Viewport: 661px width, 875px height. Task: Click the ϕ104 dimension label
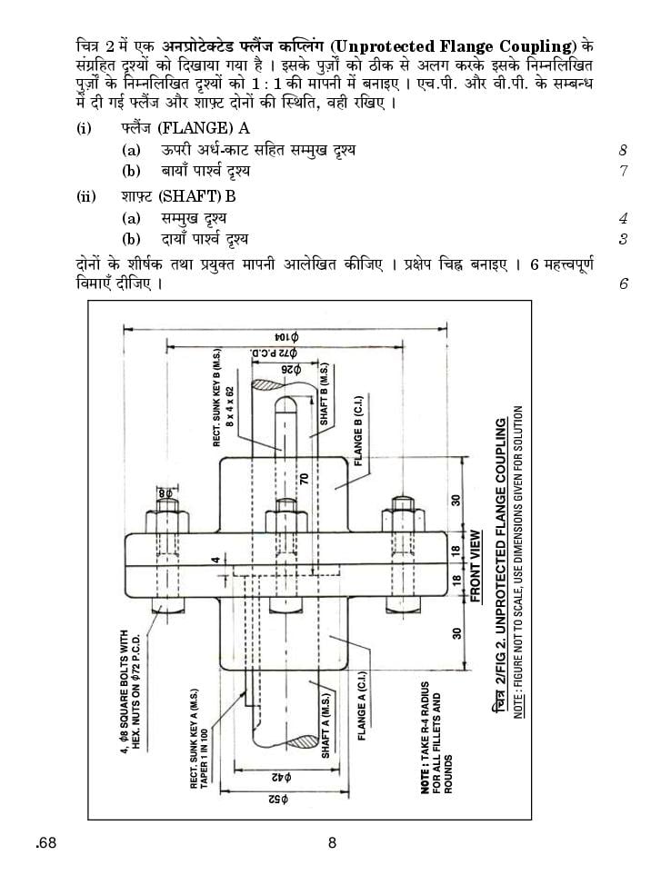[287, 337]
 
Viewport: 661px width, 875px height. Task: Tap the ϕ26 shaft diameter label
[291, 370]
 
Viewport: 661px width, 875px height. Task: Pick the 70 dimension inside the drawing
[304, 478]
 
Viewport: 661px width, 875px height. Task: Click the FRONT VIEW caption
[476, 566]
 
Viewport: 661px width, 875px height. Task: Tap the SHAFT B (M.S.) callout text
[325, 395]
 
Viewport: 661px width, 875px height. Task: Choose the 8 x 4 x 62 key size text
[230, 407]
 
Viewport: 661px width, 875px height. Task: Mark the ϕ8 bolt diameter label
[165, 493]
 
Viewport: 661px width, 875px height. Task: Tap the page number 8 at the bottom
[332, 842]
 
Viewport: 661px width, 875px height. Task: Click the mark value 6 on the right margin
[624, 283]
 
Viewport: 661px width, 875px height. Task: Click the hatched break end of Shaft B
[271, 384]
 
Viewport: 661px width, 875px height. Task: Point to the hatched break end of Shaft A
[300, 741]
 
